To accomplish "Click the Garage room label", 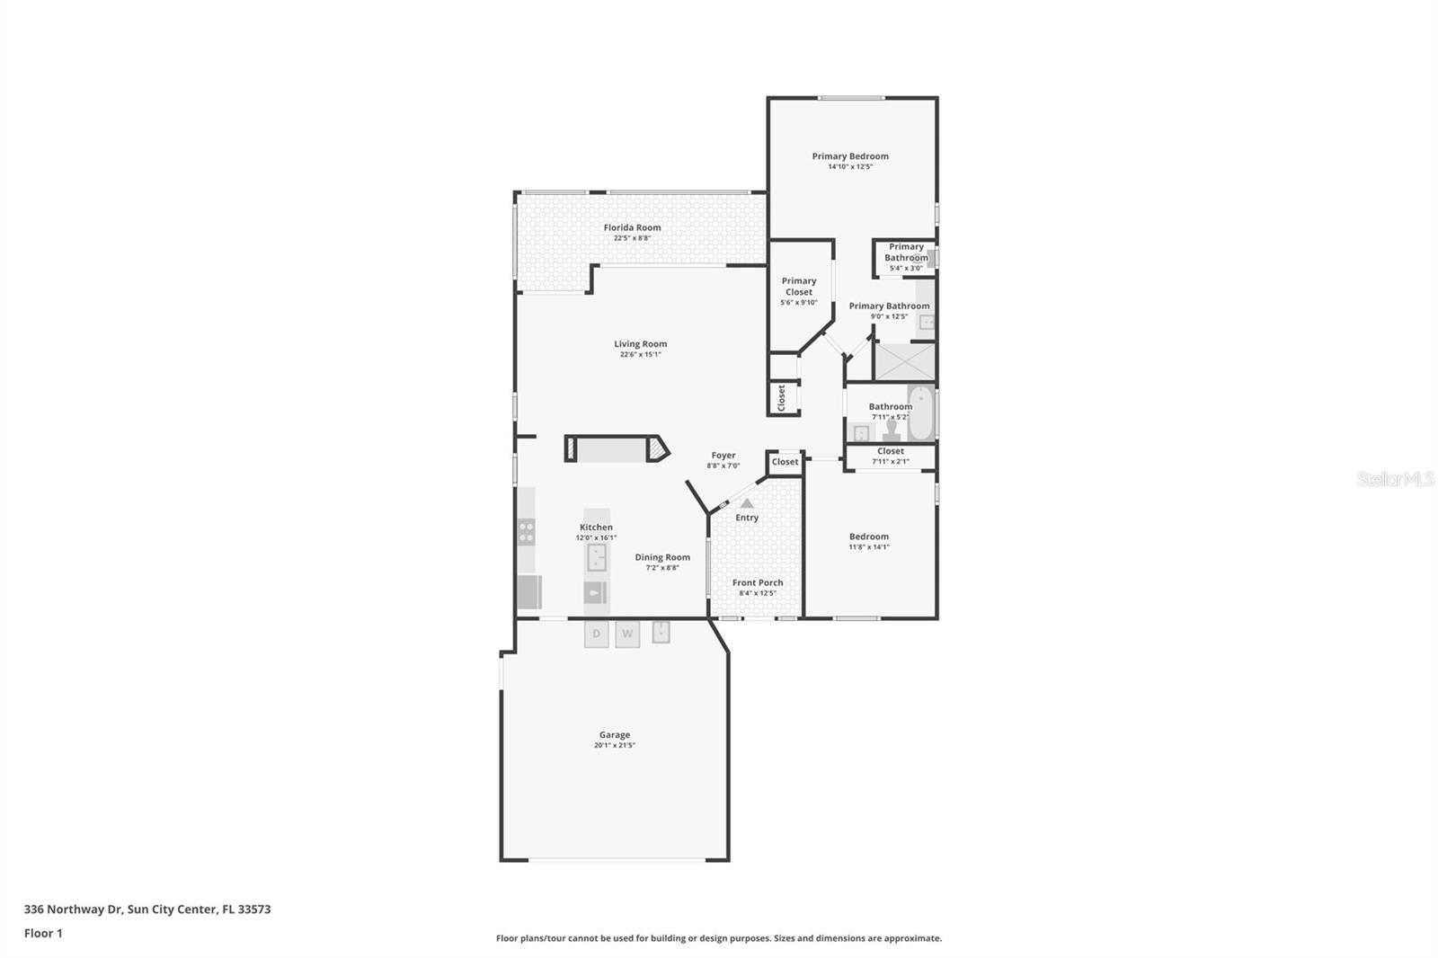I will click(615, 734).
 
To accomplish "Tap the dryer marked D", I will click(596, 634).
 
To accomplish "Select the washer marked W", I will click(627, 634).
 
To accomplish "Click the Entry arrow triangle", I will click(747, 503).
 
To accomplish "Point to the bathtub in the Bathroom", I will click(920, 413).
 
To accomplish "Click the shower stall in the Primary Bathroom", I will click(904, 361).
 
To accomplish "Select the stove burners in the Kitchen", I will click(527, 532).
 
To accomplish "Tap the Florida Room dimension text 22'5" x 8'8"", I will click(632, 238).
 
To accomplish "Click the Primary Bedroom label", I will click(850, 155).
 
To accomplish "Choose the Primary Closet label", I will click(799, 286).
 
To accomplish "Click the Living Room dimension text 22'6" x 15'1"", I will click(640, 354).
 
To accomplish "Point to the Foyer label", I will click(723, 456).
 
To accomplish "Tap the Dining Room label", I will click(662, 557).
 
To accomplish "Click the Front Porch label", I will click(758, 582).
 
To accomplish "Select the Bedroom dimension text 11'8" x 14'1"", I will click(869, 546).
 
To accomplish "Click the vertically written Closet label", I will click(782, 398).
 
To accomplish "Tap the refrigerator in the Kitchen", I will click(528, 592).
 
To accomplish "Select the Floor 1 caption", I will click(43, 933).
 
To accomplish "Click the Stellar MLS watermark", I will click(1395, 480).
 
